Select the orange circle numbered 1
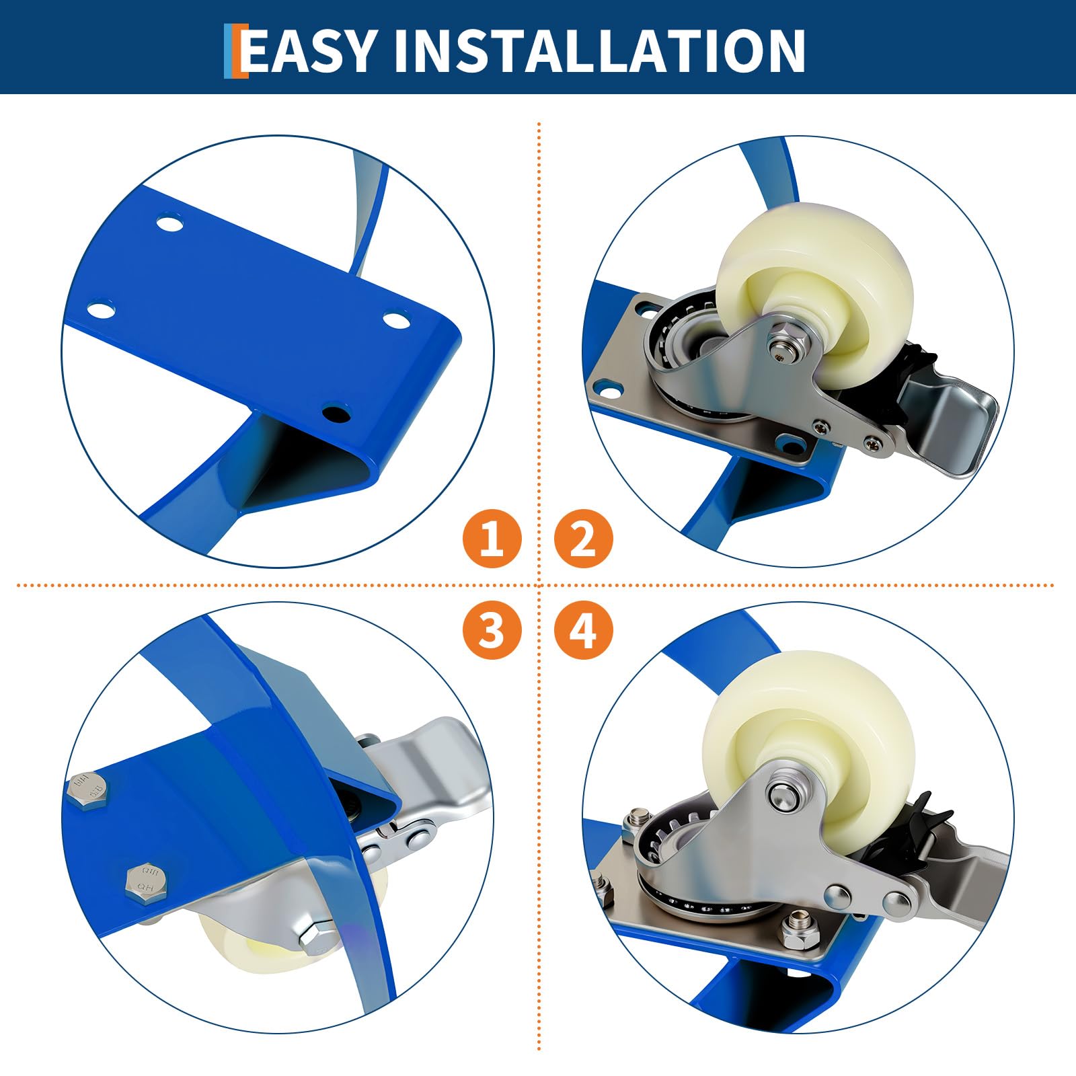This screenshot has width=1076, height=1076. (x=492, y=539)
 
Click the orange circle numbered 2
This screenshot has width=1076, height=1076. (x=583, y=539)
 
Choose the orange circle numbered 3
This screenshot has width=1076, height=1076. (x=492, y=630)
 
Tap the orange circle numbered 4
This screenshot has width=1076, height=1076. (x=583, y=630)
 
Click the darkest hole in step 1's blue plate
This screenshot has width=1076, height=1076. (x=335, y=412)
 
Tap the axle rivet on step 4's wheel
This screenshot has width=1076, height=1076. (x=782, y=794)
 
